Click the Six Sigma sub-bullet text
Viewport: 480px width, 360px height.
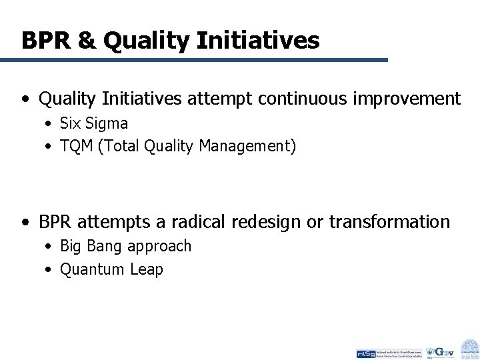pos(94,123)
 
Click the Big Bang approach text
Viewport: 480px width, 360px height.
pos(125,246)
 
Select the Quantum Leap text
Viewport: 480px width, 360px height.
pos(111,269)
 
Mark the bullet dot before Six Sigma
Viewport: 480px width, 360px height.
pos(50,124)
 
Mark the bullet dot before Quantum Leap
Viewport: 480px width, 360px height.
pos(50,270)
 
